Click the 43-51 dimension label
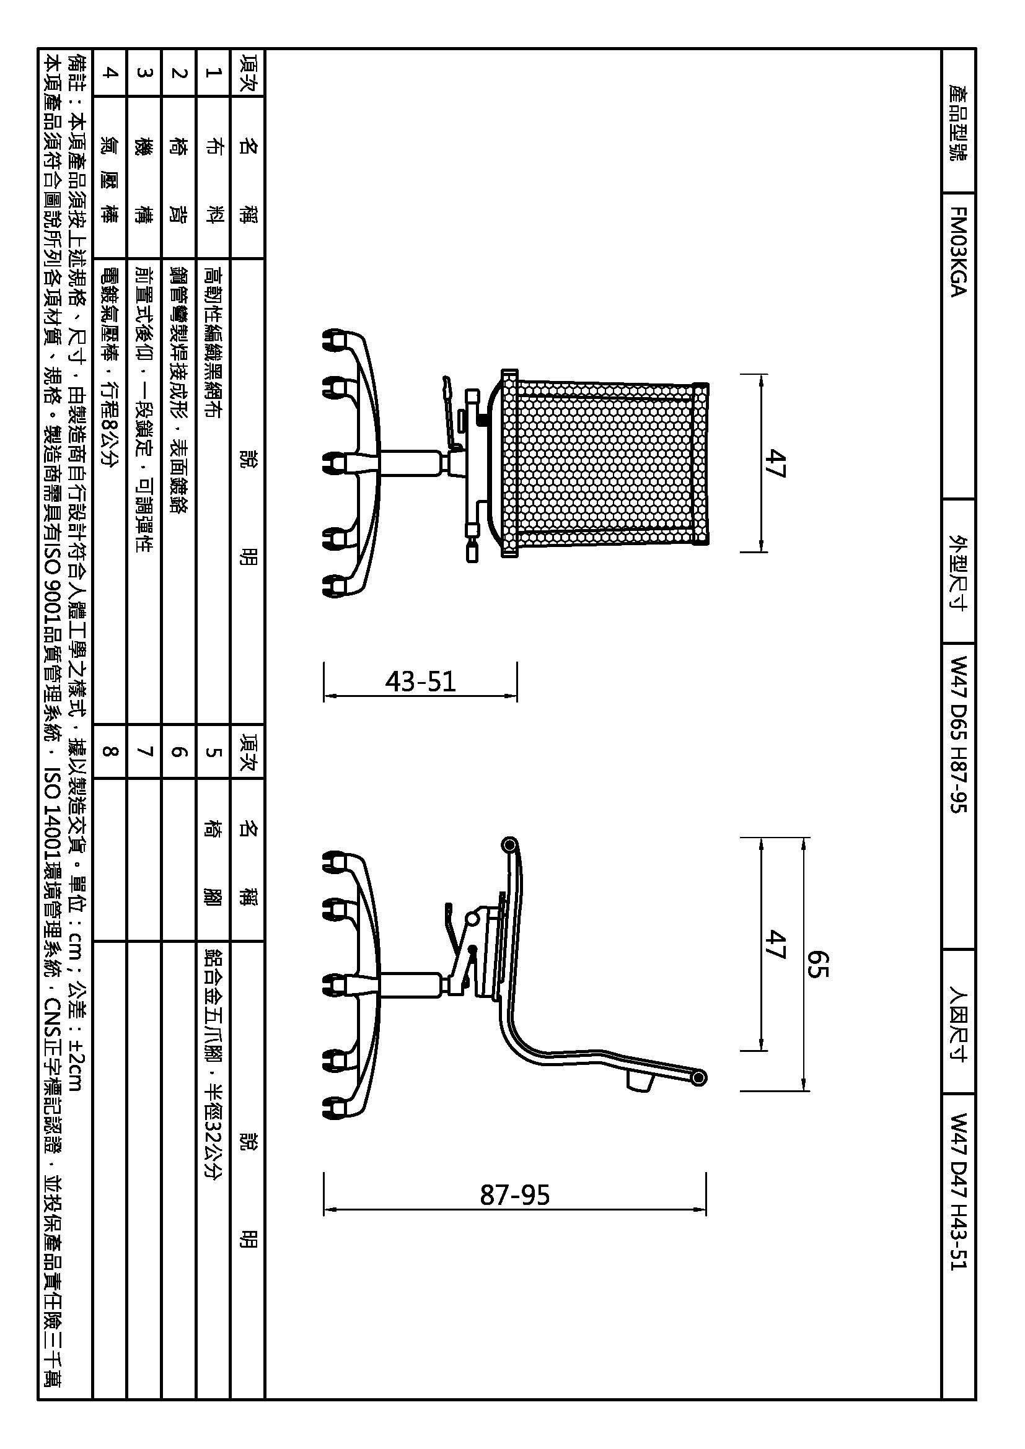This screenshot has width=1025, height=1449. coord(420,681)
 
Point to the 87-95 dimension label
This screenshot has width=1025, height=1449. coord(515,1194)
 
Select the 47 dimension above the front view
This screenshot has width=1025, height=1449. coord(776,463)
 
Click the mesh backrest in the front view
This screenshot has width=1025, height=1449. coord(605,463)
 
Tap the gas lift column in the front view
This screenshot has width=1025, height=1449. coord(410,463)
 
